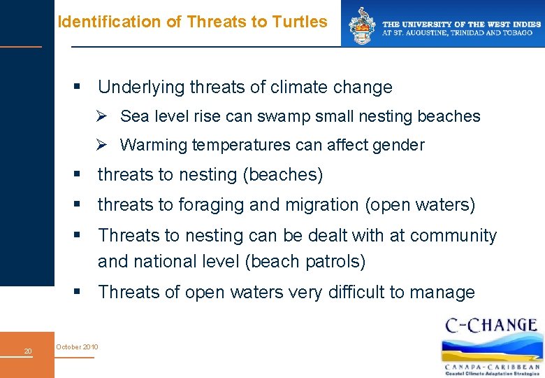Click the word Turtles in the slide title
point(302,22)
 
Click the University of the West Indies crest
point(362,25)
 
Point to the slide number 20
point(28,351)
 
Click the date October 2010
point(78,347)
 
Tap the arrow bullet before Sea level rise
point(102,116)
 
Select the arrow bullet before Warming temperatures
point(102,145)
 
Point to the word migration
point(303,205)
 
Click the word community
point(453,236)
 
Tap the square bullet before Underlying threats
point(78,87)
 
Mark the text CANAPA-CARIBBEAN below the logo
point(493,366)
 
